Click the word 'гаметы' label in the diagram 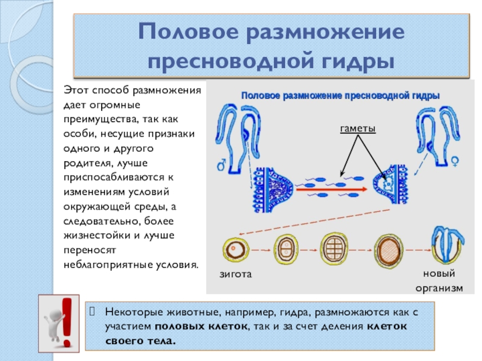tap(357, 129)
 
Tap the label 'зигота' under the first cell tap(233, 274)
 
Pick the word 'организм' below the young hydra tap(439, 288)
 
